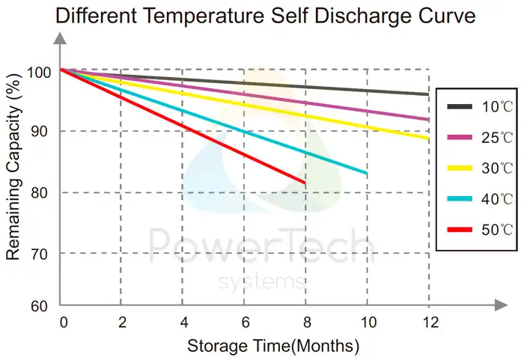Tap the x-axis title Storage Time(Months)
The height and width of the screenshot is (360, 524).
coord(273,347)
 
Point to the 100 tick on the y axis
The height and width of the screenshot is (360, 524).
coord(40,72)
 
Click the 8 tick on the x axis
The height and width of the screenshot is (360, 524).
coord(305,323)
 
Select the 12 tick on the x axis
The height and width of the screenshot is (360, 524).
coord(428,323)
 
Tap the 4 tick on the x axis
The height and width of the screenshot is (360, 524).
coord(183,323)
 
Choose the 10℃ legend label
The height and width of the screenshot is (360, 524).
coord(496,107)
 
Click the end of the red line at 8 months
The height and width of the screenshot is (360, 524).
coord(305,183)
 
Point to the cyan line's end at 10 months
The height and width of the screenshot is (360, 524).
coord(366,174)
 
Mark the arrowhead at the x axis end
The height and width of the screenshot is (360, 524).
coord(497,306)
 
